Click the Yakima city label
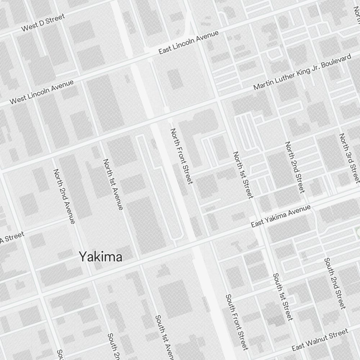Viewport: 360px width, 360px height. (100, 257)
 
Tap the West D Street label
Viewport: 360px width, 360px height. (43, 22)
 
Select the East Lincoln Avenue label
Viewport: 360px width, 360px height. (189, 42)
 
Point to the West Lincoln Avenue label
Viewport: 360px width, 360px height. (41, 92)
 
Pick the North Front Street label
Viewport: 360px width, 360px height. (182, 156)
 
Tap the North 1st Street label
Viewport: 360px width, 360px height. (243, 175)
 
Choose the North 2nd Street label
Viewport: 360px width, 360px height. (295, 167)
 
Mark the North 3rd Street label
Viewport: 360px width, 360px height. (349, 157)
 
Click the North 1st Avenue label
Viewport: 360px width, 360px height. (113, 184)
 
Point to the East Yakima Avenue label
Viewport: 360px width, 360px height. (281, 216)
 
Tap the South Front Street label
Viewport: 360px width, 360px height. (237, 322)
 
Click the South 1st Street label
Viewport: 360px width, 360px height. (283, 297)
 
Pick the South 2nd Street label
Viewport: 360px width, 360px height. (335, 283)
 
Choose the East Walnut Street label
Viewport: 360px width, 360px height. (320, 339)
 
